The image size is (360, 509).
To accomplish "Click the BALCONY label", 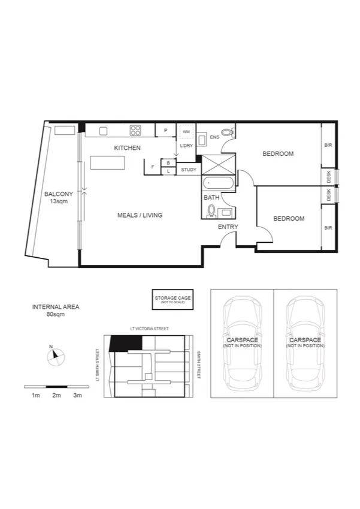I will click(58, 194).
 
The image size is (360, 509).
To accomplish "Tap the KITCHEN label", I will click(128, 147).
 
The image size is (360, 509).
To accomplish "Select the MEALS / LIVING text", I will click(140, 215).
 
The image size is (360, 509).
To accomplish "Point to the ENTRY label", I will click(228, 227).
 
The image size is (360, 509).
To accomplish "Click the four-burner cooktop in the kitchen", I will click(135, 129).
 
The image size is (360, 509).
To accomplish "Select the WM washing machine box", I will click(186, 131).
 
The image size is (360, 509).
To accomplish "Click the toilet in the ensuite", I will click(226, 132).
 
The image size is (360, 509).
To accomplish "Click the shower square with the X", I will click(218, 164).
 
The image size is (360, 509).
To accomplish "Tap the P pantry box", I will click(165, 130).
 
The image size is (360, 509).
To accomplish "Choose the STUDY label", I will click(188, 170).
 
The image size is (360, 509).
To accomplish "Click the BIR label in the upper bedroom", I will click(328, 145).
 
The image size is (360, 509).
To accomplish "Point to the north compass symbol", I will click(55, 355).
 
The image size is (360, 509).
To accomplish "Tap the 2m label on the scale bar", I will click(56, 396).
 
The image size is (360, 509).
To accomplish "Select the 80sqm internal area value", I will click(55, 314).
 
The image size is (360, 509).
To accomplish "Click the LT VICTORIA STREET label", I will click(149, 329).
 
